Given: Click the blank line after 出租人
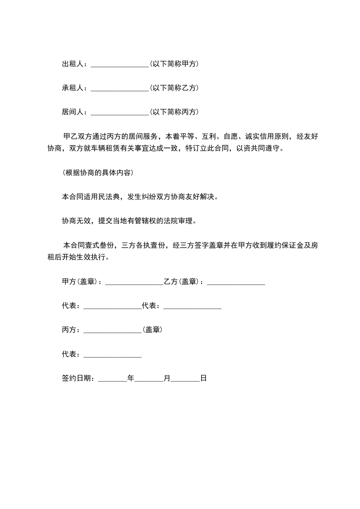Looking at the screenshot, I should point(120,65).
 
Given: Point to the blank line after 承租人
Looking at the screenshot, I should point(120,89).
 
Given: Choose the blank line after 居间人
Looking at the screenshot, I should point(120,113).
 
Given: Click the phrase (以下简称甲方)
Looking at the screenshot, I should point(174,64).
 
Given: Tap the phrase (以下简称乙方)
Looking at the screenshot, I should point(174,88).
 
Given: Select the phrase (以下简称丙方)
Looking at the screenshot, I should point(174,112).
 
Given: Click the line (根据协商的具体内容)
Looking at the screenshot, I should point(97,173).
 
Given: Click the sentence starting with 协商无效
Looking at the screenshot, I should point(129,221).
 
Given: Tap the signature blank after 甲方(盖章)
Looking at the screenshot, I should point(134,283).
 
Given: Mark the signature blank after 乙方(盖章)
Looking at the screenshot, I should point(236,283).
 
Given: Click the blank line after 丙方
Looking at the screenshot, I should point(113,331).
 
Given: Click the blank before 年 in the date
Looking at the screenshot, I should point(113,379).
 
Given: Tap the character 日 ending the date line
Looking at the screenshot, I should point(203,378).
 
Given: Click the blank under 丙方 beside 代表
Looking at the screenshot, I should point(113,355).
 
